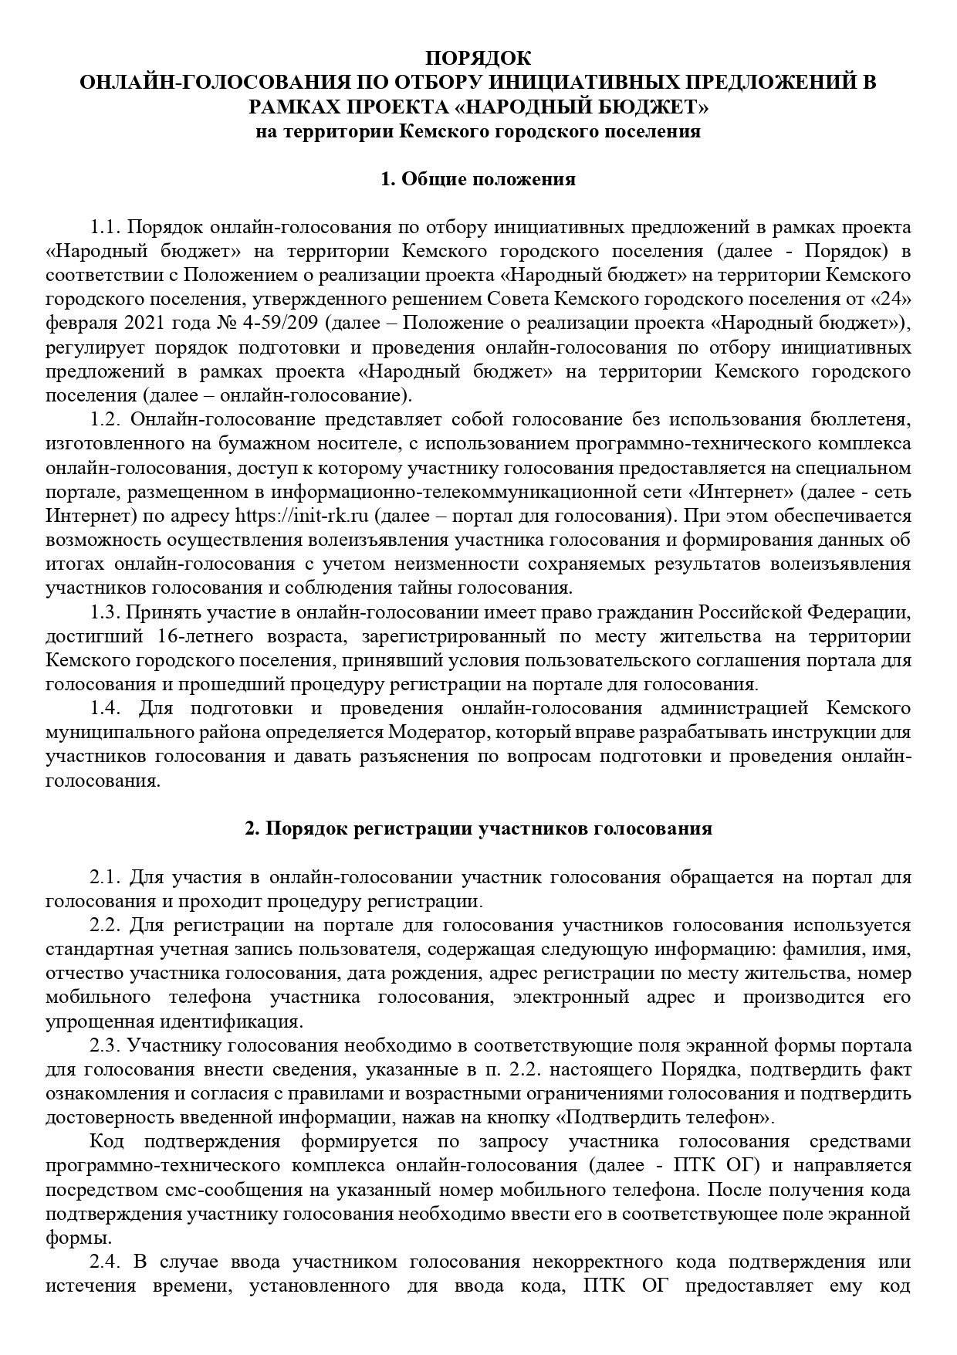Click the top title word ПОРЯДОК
[x=478, y=58]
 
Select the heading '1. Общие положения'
[x=478, y=179]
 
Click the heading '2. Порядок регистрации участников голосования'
[x=478, y=828]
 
